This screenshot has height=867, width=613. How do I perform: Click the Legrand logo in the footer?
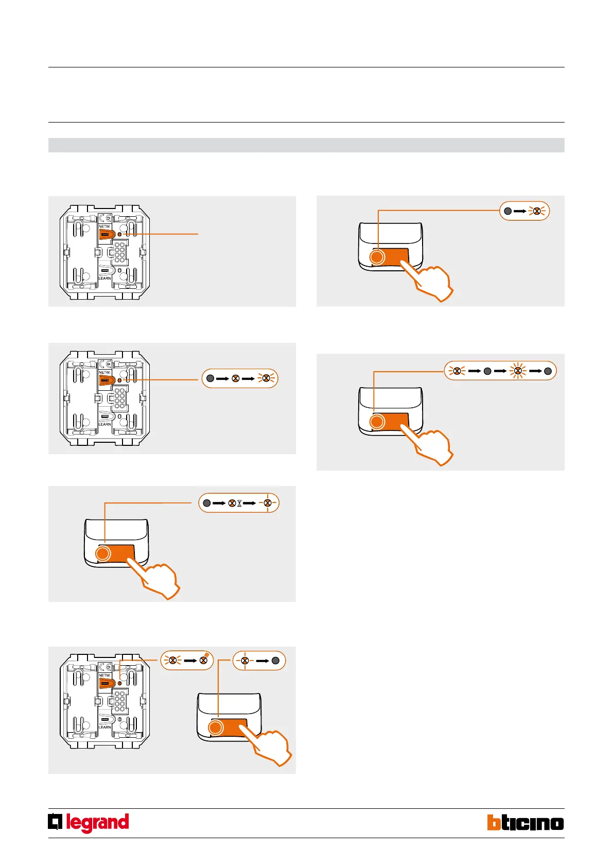pos(89,822)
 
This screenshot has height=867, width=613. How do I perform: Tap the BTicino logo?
pos(525,822)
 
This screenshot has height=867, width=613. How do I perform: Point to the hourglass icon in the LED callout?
pos(239,503)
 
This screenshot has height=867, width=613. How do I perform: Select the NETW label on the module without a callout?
pos(104,227)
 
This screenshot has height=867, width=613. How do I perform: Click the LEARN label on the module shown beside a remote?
pos(104,727)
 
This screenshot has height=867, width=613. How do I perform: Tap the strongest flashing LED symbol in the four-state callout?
pos(518,371)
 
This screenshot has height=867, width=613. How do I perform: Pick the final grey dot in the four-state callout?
pos(548,371)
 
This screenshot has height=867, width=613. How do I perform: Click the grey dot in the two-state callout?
pos(507,211)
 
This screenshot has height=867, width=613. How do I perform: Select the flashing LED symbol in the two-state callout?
pos(537,211)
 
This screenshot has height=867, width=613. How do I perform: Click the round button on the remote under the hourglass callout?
pos(103,553)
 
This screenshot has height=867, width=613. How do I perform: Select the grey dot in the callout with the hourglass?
pos(207,503)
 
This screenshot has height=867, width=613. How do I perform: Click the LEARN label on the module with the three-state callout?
pos(104,424)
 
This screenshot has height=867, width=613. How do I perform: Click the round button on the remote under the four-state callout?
pos(377,422)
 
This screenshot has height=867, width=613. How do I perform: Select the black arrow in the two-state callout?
pos(520,211)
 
